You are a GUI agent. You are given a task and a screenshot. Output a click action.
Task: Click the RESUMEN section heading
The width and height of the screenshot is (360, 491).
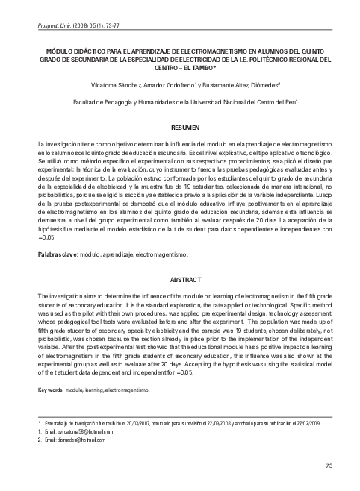click(x=180, y=128)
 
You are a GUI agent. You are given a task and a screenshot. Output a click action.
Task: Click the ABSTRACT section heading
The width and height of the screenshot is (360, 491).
click(x=180, y=279)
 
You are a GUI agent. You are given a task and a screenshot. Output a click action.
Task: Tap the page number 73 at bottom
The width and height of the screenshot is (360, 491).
click(x=329, y=466)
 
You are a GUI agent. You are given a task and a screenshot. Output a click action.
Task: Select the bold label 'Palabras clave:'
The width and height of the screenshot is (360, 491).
click(x=57, y=254)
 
